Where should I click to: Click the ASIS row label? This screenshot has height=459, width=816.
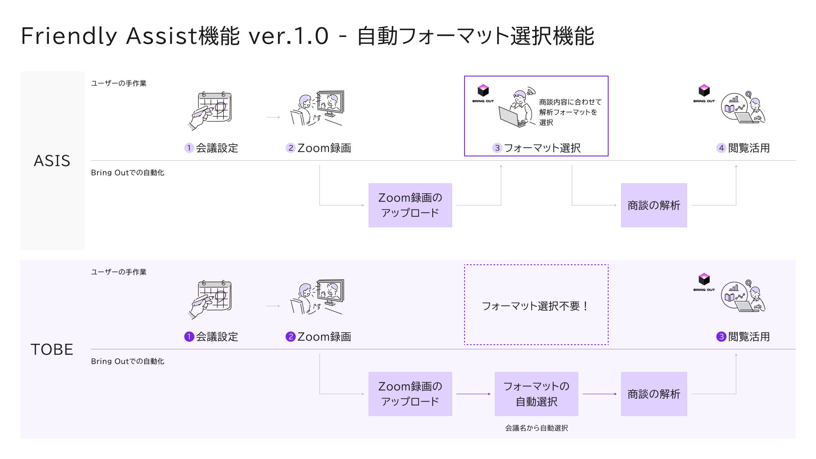[52, 161]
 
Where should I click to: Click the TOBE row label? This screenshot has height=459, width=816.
[52, 349]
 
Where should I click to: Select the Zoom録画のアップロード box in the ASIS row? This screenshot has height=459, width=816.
[410, 205]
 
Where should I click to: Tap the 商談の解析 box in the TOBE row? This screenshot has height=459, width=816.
[654, 394]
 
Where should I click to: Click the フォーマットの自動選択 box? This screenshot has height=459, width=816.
[536, 394]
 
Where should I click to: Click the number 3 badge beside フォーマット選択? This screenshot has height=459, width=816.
[497, 148]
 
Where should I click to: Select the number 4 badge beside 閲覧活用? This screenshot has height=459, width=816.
[721, 148]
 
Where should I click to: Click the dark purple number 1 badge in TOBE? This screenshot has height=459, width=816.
[189, 337]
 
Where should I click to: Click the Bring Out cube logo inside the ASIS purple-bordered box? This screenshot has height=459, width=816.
[483, 91]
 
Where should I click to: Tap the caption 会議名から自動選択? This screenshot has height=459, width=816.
[536, 428]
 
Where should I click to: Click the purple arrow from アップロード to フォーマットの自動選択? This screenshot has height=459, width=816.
[473, 394]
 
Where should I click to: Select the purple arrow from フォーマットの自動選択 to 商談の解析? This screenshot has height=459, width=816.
[599, 394]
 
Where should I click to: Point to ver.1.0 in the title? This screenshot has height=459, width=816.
[289, 36]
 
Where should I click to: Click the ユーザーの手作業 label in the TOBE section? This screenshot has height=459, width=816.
[119, 272]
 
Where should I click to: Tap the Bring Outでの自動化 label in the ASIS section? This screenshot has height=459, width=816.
[127, 173]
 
